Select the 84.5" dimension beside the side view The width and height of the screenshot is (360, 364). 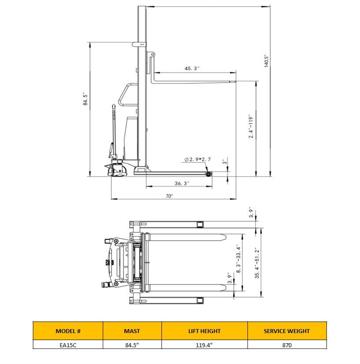tap(85, 99)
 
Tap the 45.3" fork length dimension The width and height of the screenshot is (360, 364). tap(192, 68)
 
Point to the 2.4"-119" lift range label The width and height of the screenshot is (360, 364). tap(251, 126)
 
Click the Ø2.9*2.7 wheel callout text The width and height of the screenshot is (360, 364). tap(198, 159)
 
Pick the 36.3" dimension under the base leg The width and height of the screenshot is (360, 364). tap(182, 183)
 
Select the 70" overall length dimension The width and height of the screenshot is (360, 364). tap(169, 196)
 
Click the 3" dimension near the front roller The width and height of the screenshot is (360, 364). tap(225, 162)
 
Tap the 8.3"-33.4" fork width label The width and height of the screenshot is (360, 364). tap(239, 258)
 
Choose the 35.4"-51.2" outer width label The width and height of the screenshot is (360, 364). tap(257, 262)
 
